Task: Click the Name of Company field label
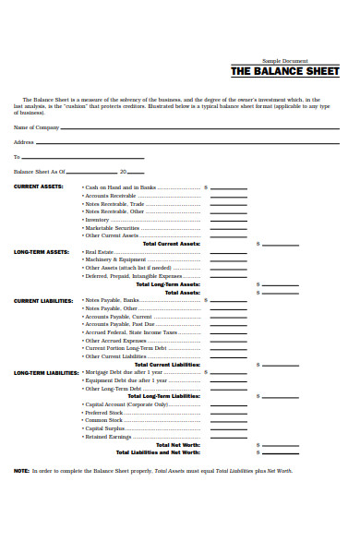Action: point(37,126)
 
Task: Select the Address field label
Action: point(24,142)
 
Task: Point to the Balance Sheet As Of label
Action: point(39,172)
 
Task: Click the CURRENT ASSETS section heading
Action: point(39,187)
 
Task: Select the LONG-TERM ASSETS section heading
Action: point(42,251)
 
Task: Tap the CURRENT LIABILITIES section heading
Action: point(43,300)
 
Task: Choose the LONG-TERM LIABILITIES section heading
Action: point(46,372)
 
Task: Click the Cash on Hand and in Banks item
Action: point(120,187)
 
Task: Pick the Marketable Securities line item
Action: point(112,227)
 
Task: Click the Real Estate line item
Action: point(99,251)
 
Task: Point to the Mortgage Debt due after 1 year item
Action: point(126,372)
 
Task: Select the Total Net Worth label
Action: point(172,444)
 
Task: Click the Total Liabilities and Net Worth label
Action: point(157,452)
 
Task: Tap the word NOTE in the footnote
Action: point(21,471)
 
